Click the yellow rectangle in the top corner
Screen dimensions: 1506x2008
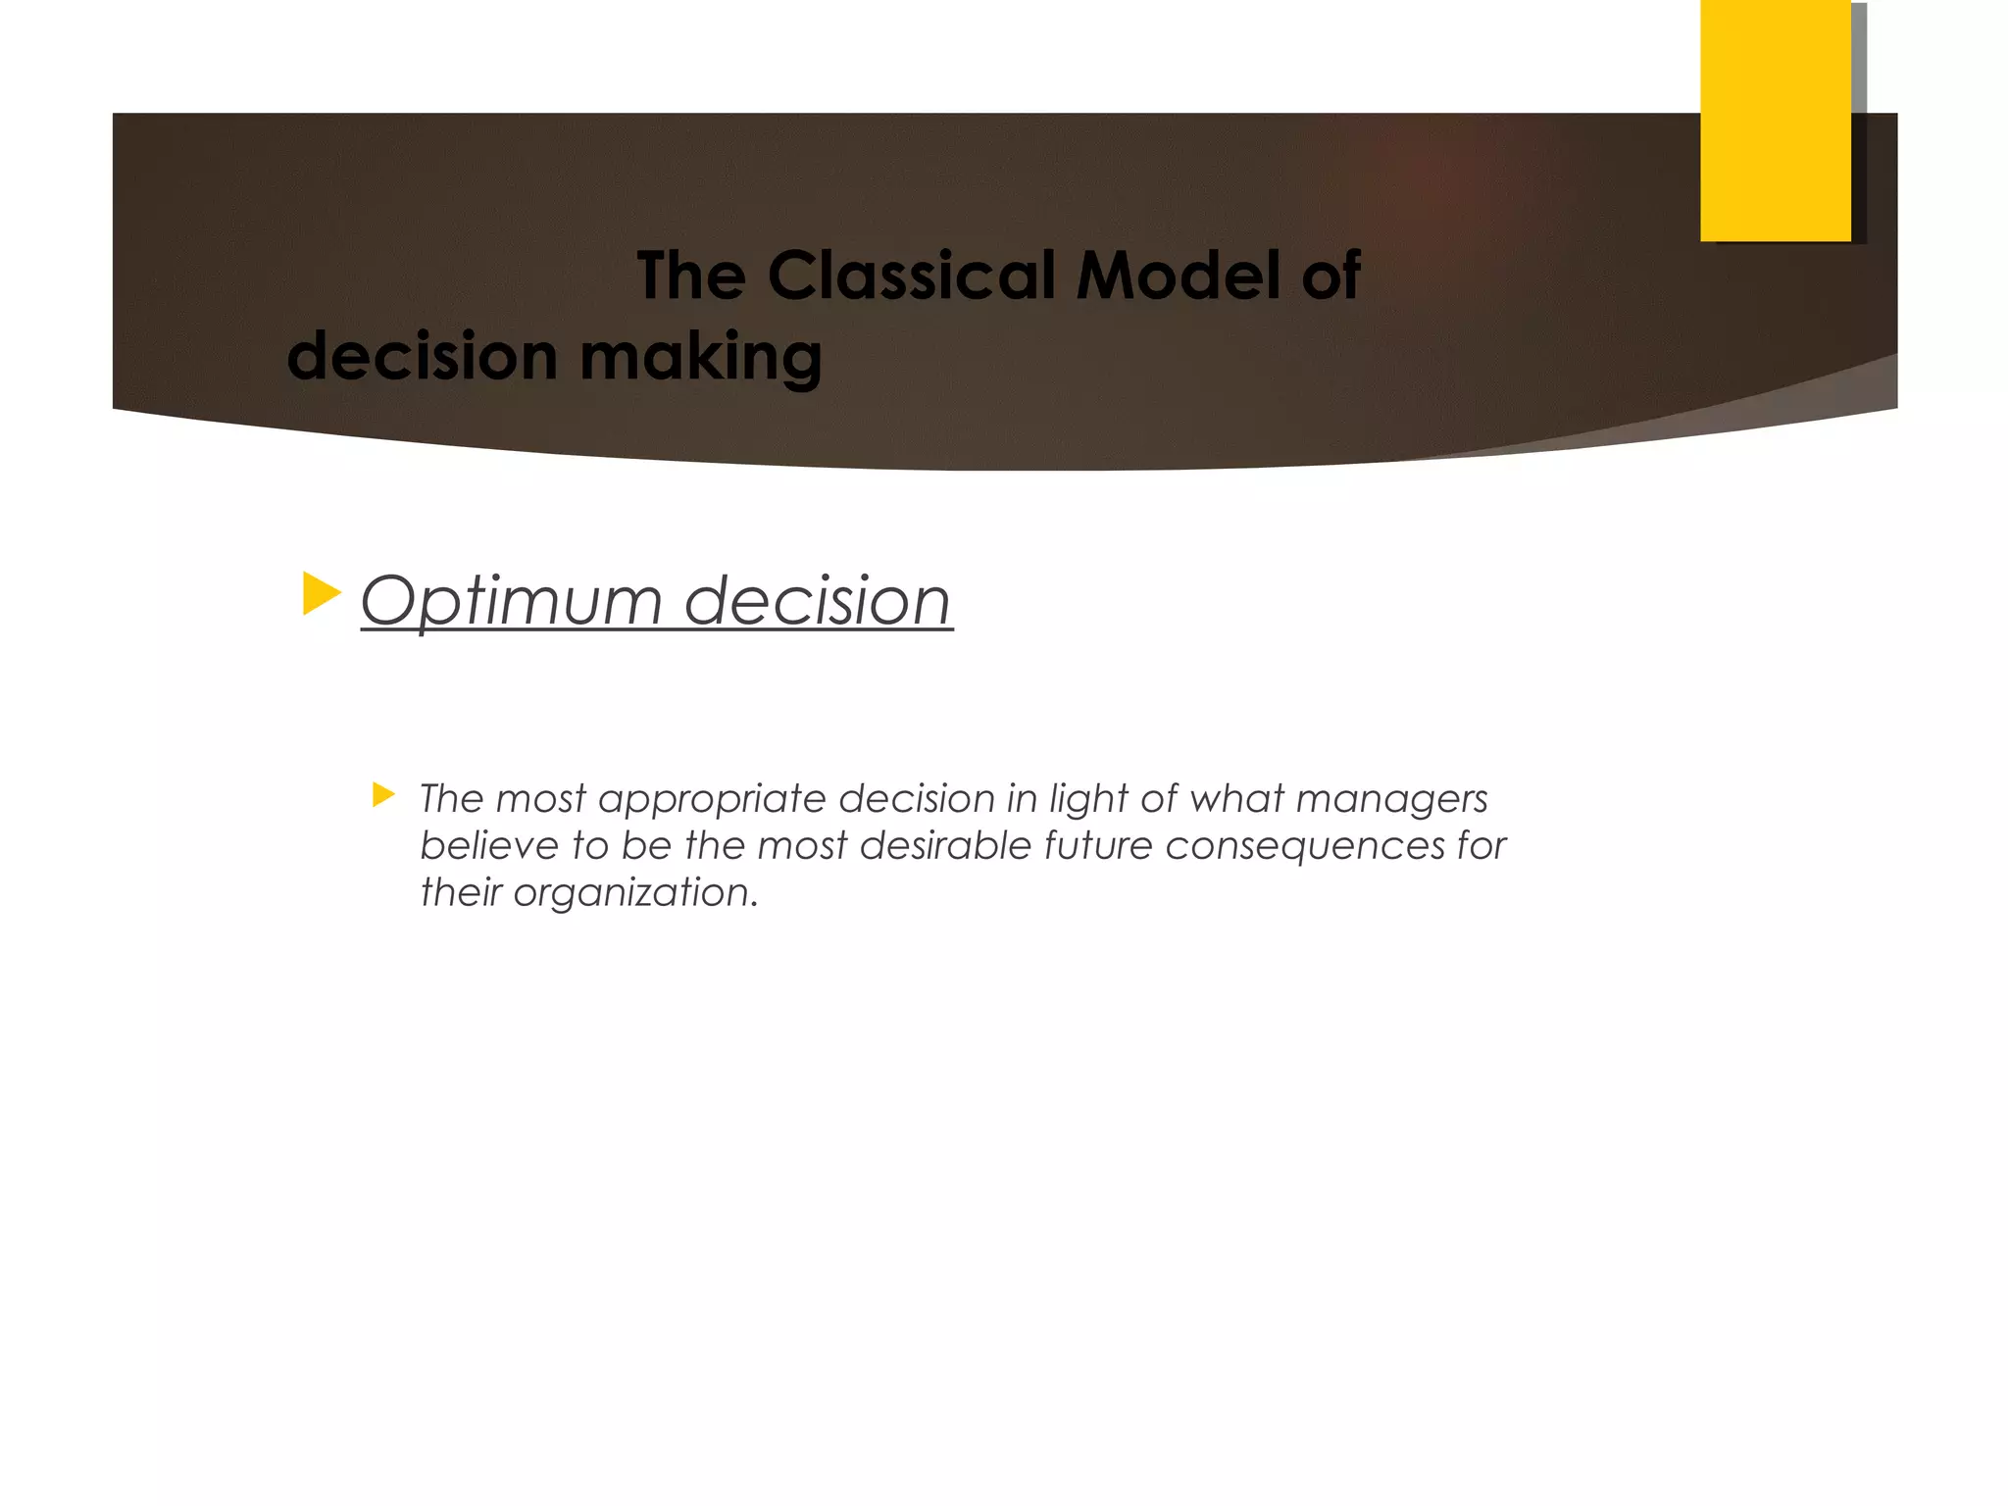(1775, 120)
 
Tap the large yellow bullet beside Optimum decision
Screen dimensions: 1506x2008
(321, 594)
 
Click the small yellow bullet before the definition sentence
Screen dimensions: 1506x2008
(382, 794)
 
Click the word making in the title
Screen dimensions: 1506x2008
(700, 357)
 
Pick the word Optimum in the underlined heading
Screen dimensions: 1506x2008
(512, 600)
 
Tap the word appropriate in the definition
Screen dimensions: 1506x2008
(712, 799)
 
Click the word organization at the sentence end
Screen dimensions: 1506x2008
(633, 892)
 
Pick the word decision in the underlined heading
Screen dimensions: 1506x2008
(817, 600)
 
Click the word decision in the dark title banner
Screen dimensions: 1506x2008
(422, 357)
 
